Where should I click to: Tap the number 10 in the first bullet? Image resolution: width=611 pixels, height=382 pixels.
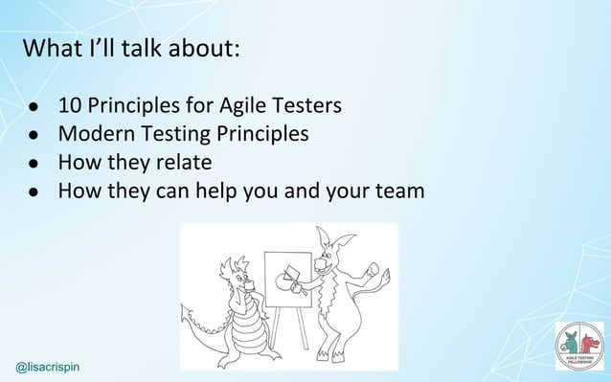point(70,103)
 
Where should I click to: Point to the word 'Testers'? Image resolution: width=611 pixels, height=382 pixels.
point(310,103)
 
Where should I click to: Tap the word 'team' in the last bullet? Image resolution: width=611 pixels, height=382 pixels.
point(399,191)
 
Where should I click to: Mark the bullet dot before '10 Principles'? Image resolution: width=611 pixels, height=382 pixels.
point(33,105)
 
